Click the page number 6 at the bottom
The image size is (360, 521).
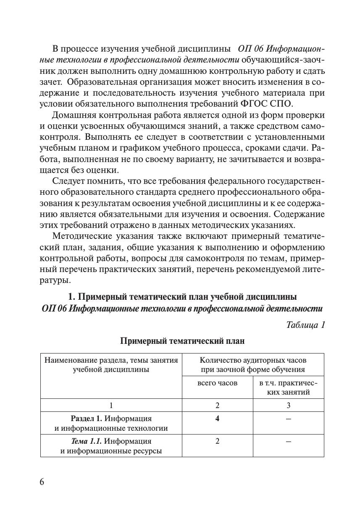pyautogui.click(x=42, y=482)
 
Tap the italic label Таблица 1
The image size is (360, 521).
pyautogui.click(x=305, y=325)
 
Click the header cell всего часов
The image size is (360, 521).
pyautogui.click(x=217, y=383)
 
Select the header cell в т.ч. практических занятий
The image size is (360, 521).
pyautogui.click(x=288, y=387)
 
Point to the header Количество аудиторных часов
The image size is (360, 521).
pyautogui.click(x=253, y=360)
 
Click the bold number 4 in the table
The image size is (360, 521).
pyautogui.click(x=217, y=419)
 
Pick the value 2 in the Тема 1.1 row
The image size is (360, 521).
pyautogui.click(x=217, y=441)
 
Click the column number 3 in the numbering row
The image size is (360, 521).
pyautogui.click(x=288, y=405)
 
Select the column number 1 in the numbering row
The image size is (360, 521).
pyautogui.click(x=111, y=405)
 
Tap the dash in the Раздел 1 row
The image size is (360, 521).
pyautogui.click(x=288, y=419)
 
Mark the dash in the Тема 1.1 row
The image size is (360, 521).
pyautogui.click(x=288, y=441)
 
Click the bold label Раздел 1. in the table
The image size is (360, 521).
pyautogui.click(x=86, y=419)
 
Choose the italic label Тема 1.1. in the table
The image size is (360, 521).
pyautogui.click(x=86, y=441)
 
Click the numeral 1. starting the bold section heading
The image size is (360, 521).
pyautogui.click(x=71, y=297)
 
